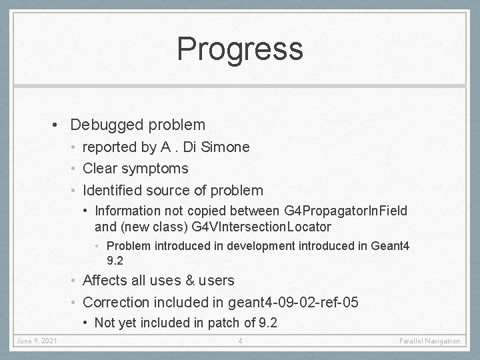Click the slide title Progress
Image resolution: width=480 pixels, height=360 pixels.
[240, 49]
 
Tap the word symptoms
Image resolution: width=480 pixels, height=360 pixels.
[155, 169]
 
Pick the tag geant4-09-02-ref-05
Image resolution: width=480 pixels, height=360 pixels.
[291, 303]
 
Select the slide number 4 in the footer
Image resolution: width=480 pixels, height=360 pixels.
[240, 341]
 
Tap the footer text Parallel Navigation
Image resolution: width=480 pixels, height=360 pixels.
[429, 341]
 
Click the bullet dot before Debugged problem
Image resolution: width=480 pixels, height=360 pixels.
[59, 125]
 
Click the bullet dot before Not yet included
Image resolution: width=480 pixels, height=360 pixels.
[87, 323]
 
